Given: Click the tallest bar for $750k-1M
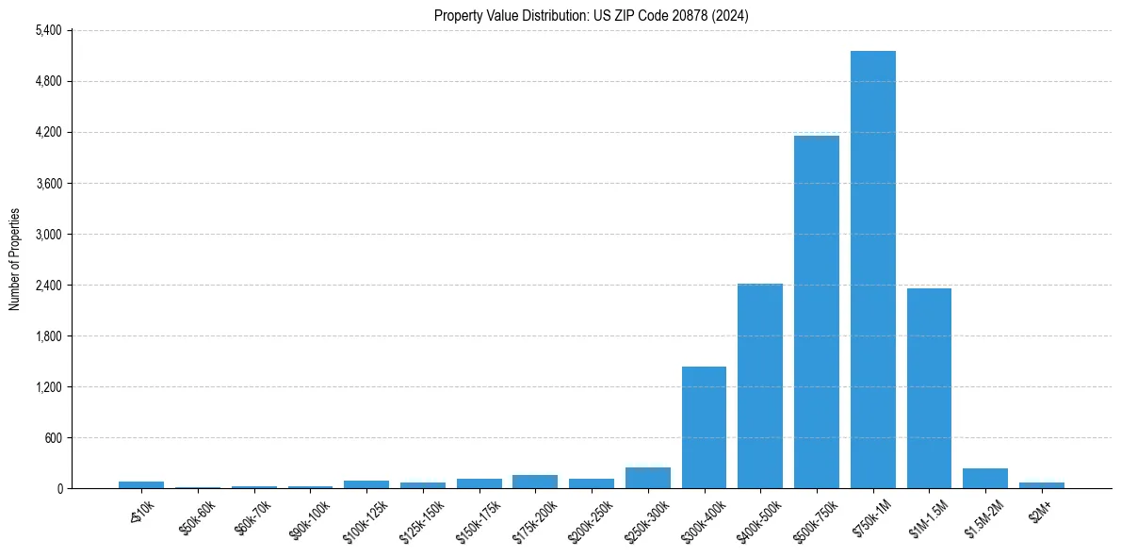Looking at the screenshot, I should tap(872, 270).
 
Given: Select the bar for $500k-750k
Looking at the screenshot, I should tap(816, 312).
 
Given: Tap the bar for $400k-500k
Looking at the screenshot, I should tap(759, 385).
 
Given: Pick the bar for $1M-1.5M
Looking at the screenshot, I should tap(929, 388).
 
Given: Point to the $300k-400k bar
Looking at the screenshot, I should tap(704, 427).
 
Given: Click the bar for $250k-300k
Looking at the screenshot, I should tap(647, 478).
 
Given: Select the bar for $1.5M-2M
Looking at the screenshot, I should tap(984, 478).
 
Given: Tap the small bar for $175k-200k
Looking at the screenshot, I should tap(535, 482).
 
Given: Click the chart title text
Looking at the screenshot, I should tap(592, 16).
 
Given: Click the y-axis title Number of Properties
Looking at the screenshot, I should tap(14, 259).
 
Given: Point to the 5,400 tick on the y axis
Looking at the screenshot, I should tap(47, 30).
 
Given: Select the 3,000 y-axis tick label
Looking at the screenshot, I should tap(47, 234).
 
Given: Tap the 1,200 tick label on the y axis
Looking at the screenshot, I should tap(47, 386).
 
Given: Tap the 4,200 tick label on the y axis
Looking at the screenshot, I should tap(47, 132).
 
